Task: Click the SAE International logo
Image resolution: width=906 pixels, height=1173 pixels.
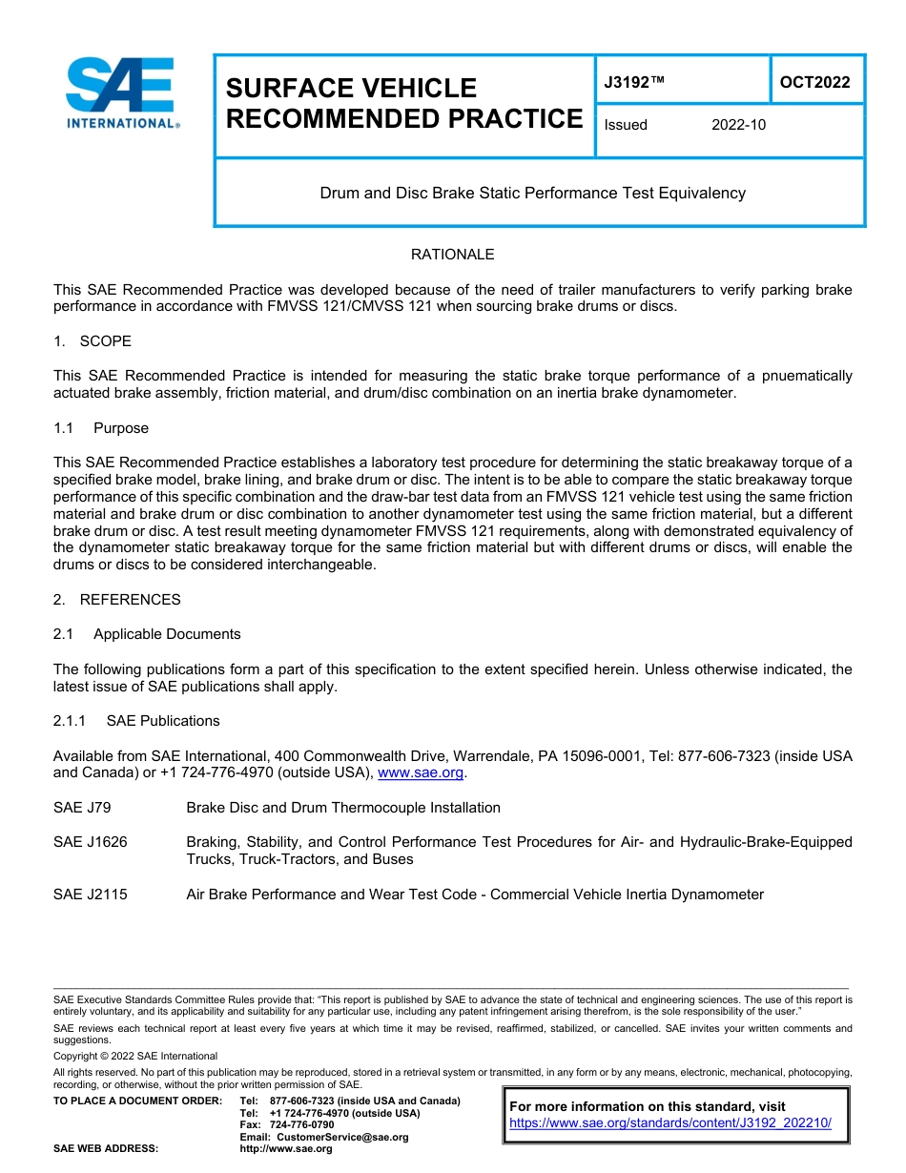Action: (121, 93)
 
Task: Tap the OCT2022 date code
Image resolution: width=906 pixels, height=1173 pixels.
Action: (814, 83)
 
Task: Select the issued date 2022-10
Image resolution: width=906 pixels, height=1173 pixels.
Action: (738, 125)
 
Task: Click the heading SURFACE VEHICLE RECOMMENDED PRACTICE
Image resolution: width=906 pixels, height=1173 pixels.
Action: (403, 103)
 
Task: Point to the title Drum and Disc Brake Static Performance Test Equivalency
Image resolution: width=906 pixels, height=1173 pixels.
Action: (532, 193)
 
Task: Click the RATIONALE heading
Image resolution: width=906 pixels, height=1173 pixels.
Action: (452, 255)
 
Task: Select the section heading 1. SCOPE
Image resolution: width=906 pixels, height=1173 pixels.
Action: (93, 341)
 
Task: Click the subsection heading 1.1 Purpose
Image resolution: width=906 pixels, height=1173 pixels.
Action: (101, 428)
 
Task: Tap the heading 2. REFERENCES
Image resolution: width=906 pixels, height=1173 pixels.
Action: (116, 600)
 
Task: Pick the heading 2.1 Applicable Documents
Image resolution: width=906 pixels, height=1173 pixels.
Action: (147, 634)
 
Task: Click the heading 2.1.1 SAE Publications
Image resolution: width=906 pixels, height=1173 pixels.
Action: (136, 721)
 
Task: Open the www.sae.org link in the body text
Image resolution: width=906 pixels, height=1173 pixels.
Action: (421, 773)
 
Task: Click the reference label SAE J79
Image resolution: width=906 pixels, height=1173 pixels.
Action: (82, 808)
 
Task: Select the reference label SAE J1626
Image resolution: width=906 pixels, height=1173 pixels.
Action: (90, 842)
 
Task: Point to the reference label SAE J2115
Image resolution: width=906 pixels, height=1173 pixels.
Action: (90, 895)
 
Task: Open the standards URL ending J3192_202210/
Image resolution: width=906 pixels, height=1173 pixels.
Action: (670, 1123)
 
